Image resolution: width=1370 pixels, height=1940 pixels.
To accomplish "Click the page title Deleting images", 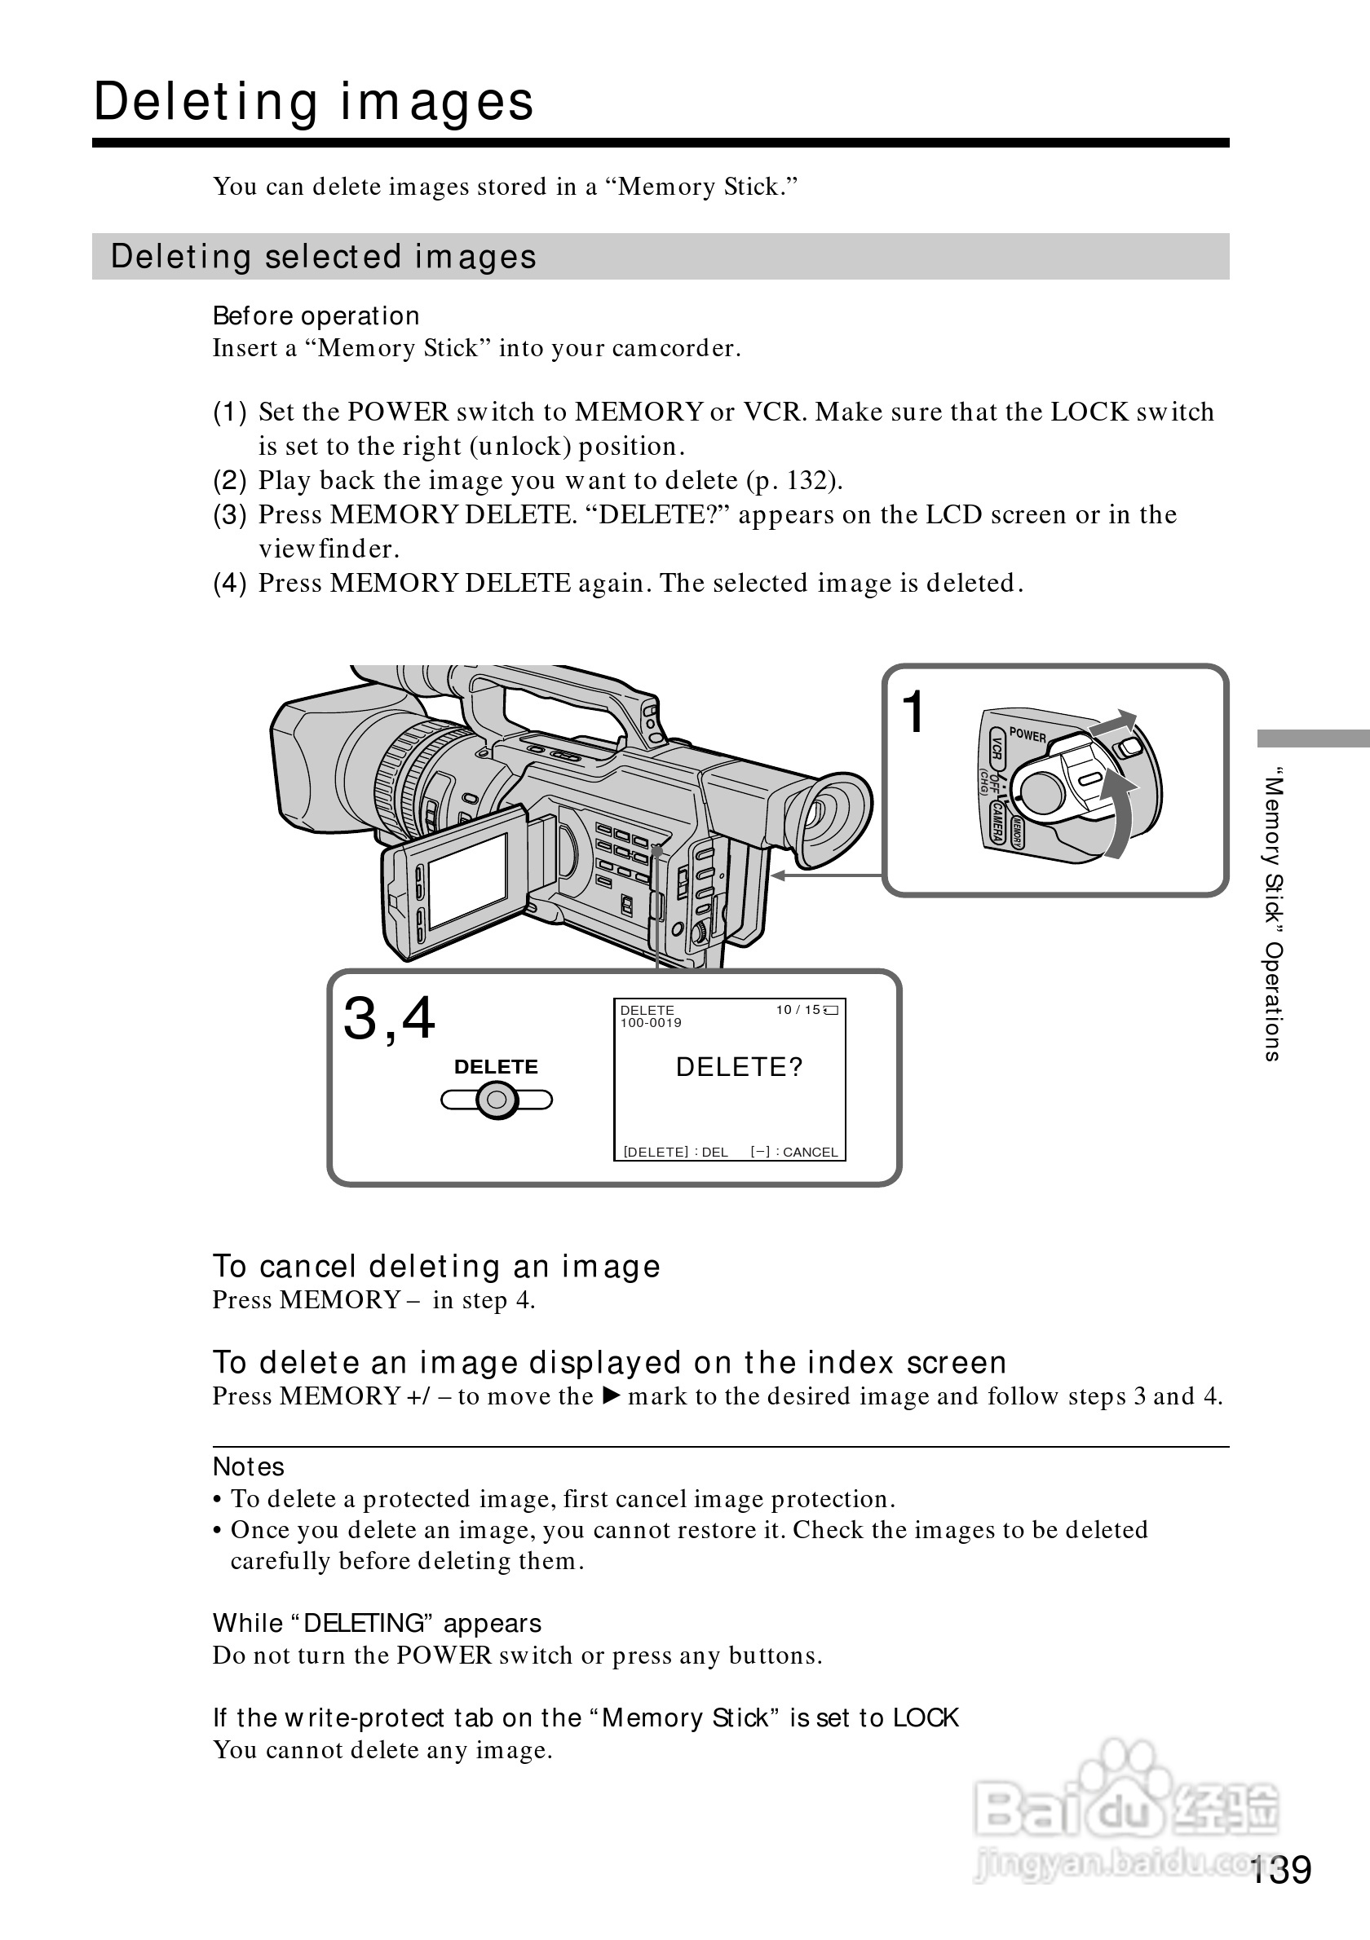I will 314,102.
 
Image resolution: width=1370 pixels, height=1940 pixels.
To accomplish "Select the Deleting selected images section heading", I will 324,257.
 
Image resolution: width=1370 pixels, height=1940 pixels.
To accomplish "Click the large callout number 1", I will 913,712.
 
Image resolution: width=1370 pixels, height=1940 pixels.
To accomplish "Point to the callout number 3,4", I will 389,1018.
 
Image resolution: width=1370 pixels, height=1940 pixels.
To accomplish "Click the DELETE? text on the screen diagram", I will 740,1067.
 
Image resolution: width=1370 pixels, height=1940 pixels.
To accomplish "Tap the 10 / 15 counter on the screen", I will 798,1010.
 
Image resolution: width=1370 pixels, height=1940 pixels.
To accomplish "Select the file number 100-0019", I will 651,1022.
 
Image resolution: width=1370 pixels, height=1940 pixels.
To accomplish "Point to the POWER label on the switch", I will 1027,735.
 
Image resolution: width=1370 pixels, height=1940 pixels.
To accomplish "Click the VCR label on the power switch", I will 997,748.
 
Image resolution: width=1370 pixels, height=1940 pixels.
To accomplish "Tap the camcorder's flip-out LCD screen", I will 467,881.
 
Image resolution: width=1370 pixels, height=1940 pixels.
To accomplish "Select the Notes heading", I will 249,1467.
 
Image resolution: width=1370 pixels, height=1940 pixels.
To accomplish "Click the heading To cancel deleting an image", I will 436,1267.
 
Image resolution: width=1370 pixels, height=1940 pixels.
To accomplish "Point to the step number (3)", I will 230,514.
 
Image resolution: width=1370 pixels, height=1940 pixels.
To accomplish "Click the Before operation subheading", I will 316,316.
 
